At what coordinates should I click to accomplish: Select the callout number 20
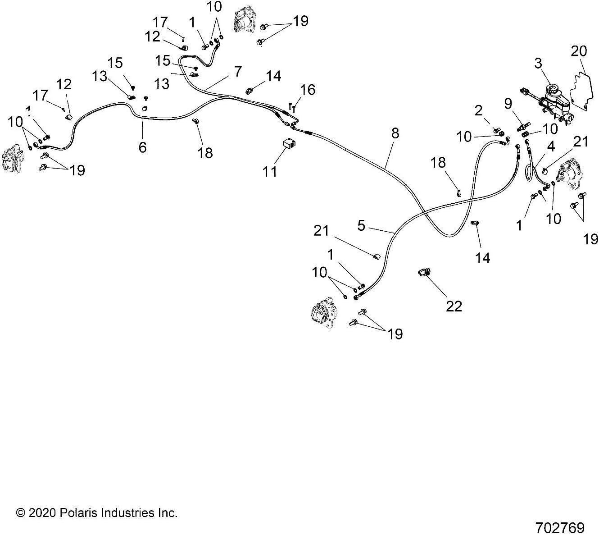(x=579, y=51)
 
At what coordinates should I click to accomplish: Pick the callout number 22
(x=454, y=306)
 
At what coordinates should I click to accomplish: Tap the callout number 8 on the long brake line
(x=395, y=133)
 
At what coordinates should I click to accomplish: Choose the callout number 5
(x=361, y=225)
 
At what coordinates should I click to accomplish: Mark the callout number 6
(x=142, y=147)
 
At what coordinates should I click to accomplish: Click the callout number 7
(x=237, y=71)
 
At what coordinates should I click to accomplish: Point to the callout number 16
(x=308, y=90)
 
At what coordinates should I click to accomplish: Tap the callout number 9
(x=508, y=104)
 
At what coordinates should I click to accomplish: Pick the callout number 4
(x=550, y=147)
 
